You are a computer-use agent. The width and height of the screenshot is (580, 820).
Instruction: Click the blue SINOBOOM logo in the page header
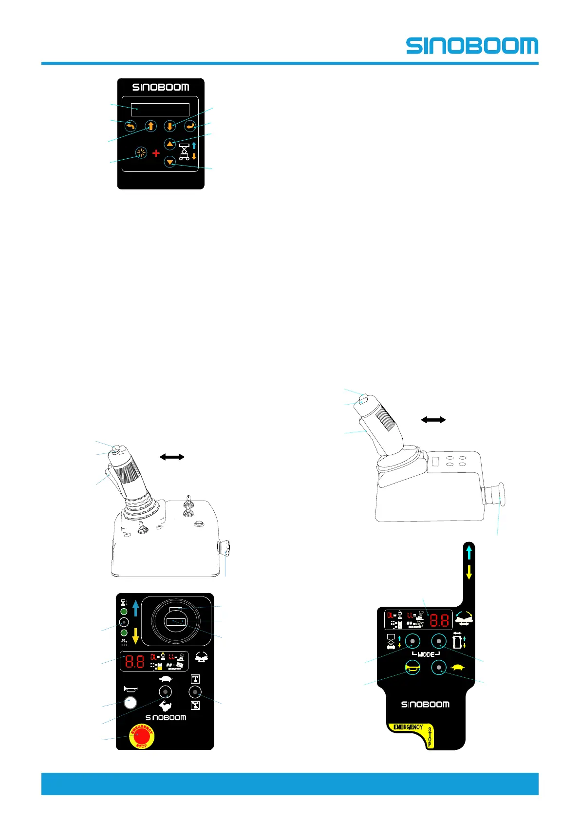tap(472, 46)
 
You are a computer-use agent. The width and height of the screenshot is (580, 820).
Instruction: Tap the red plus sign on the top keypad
tap(156, 153)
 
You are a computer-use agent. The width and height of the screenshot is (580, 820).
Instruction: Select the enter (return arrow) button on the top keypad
tap(190, 127)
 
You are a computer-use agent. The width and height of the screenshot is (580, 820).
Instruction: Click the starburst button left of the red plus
tap(141, 153)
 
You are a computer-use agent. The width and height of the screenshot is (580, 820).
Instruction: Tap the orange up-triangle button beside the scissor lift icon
tap(169, 144)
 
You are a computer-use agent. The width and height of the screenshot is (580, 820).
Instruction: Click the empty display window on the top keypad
tap(160, 110)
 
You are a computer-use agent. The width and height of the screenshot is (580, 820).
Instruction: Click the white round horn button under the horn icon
tap(130, 702)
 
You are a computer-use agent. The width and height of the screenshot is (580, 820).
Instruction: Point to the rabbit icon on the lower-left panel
tap(166, 706)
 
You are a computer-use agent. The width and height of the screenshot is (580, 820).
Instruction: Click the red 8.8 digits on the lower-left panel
tap(134, 661)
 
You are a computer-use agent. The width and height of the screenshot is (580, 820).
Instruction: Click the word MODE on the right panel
tap(426, 654)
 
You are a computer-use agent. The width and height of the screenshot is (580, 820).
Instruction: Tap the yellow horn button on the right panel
tap(412, 668)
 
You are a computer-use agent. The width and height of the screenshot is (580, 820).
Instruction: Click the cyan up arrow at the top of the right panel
tap(469, 552)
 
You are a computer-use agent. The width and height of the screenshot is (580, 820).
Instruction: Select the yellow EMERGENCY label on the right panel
tap(408, 727)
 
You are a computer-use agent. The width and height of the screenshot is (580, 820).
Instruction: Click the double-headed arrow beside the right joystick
tap(433, 419)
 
